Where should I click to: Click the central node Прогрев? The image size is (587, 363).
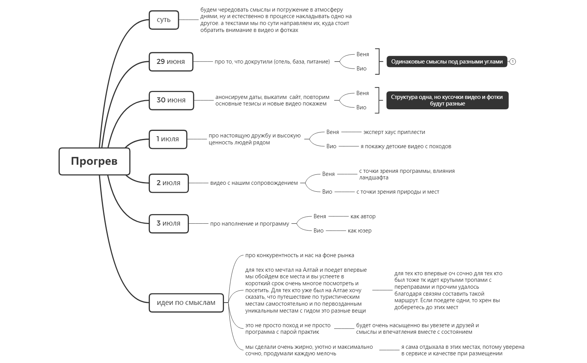coord(94,161)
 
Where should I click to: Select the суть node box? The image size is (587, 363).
coord(164,20)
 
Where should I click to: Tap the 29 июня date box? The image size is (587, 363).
coord(171,62)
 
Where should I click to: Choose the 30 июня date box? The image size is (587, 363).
coord(171,100)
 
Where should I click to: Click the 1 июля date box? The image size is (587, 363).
coord(168,139)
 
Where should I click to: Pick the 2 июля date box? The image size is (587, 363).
coord(168,183)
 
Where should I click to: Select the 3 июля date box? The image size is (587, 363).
coord(168,224)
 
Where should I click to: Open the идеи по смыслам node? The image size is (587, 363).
coord(186,303)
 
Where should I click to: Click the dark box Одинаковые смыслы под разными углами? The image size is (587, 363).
coord(447,62)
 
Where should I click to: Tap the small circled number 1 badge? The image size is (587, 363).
coord(513,62)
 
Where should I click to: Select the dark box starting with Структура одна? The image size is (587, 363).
coord(447,100)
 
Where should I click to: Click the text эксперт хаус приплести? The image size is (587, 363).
coord(394,132)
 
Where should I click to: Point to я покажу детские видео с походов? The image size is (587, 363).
coord(405,146)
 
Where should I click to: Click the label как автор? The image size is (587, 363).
coord(363,216)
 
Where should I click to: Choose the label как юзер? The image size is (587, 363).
coord(359,231)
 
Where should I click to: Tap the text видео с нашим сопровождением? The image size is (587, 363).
coord(254,183)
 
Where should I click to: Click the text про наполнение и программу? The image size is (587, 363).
coord(249,224)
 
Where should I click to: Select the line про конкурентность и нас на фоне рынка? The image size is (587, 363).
coord(299,255)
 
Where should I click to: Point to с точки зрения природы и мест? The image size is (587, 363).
coord(397,192)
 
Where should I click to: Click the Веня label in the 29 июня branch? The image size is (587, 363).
coord(362,54)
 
